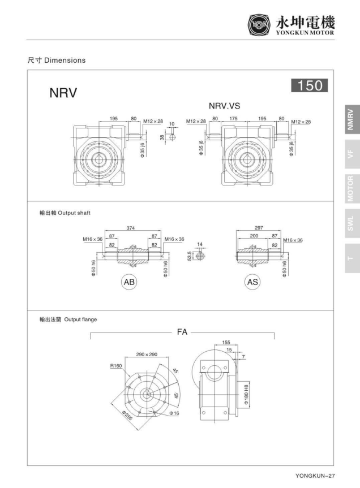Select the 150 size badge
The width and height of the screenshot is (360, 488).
point(309,86)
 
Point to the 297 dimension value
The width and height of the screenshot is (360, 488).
point(259,228)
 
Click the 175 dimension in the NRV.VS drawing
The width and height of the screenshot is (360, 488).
point(234,119)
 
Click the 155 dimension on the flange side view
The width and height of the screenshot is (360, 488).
point(226,343)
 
